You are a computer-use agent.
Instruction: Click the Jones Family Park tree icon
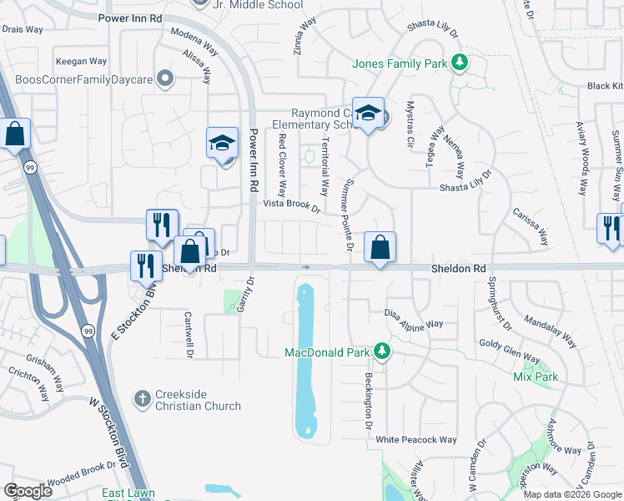coord(458,63)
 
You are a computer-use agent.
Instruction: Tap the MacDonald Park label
coord(326,352)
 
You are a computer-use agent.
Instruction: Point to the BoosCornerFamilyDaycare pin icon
coord(166,80)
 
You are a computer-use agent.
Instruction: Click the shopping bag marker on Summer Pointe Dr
coord(380,247)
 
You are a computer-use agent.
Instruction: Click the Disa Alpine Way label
coord(414,319)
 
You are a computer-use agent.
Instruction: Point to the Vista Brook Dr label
coord(292,205)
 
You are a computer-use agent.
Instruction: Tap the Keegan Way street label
coord(81,61)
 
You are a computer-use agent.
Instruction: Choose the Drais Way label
coord(23,29)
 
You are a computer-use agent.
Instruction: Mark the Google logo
coord(28,491)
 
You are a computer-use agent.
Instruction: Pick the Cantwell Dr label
coord(189,334)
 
